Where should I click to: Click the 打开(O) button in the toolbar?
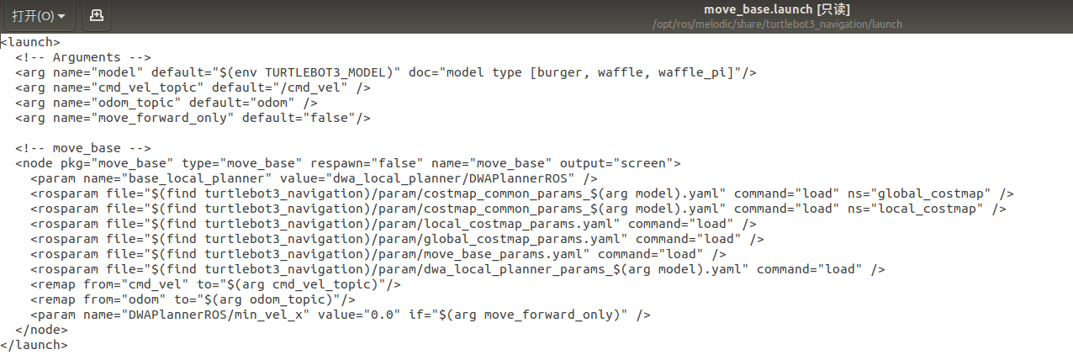(38, 15)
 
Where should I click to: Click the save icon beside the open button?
(97, 15)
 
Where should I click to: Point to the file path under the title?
(777, 24)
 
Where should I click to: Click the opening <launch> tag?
(30, 42)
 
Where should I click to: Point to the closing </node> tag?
(41, 330)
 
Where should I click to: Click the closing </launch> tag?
(34, 345)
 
